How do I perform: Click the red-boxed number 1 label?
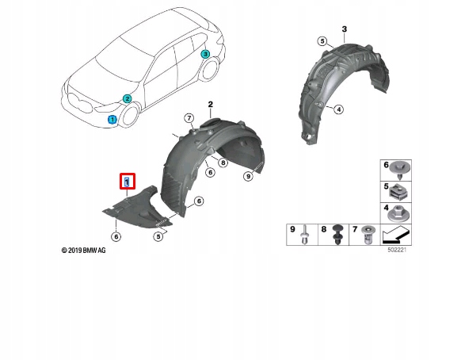coord(128,182)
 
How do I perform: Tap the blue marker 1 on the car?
coord(112,119)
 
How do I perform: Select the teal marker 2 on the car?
coord(127,99)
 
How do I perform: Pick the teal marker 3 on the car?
coord(205,54)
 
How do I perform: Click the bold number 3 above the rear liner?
coord(345,29)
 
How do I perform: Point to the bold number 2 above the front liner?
coord(210,105)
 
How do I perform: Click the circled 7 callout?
coord(189,118)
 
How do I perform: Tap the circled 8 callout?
coord(223,163)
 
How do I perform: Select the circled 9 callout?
coord(248,176)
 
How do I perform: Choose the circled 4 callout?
coord(339,109)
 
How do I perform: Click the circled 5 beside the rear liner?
coord(322,41)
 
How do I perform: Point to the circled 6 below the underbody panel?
coord(116,236)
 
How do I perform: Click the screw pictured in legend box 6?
coord(400,170)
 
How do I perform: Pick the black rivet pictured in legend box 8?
coord(338,235)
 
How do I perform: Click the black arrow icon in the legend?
coord(396,234)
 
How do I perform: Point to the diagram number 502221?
coord(397,250)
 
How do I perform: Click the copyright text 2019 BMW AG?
coord(84,251)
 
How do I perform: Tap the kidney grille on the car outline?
coord(80,103)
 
